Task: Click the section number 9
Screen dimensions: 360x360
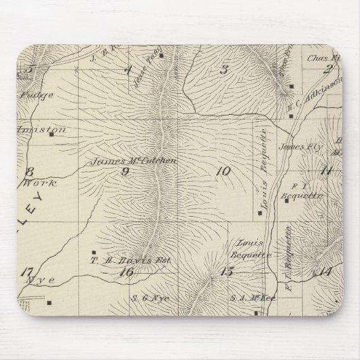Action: point(124,171)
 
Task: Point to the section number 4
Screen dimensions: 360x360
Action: point(127,69)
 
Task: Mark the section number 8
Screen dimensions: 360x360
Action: point(29,170)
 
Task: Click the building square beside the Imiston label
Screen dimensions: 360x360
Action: point(52,134)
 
